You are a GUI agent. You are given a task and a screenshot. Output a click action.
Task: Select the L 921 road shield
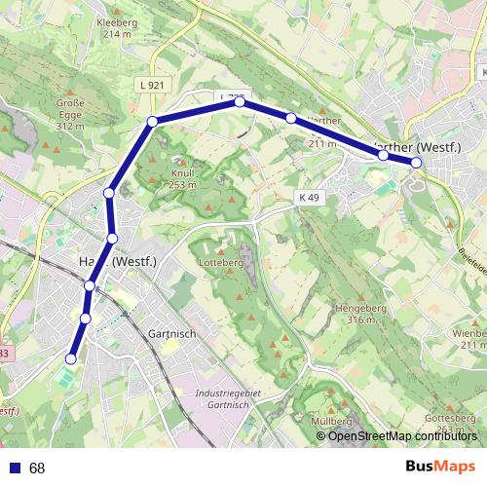(150, 87)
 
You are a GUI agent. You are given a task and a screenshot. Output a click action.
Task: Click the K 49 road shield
(309, 197)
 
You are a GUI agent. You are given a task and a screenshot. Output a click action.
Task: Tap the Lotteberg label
(219, 263)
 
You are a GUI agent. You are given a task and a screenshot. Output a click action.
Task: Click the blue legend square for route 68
(15, 468)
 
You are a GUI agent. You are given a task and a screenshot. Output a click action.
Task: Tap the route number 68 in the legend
(37, 468)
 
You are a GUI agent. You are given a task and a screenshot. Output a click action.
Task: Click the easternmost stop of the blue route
(416, 163)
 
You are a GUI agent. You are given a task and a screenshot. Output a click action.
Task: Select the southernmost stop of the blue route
(70, 359)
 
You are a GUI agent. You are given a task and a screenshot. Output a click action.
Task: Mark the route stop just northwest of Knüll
(152, 122)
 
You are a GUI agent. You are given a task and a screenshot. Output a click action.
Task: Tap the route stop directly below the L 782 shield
(240, 100)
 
